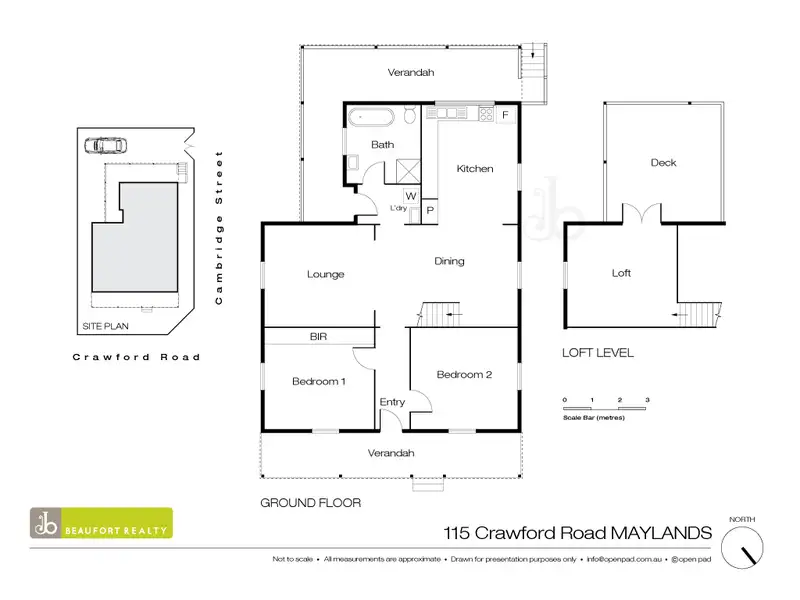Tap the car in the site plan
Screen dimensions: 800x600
coord(106,145)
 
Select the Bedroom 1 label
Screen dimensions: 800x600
coord(319,381)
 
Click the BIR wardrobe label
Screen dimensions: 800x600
coord(319,337)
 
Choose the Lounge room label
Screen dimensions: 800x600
coord(326,274)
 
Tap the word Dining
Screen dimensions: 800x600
coord(449,262)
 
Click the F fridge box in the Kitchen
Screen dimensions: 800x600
coord(505,115)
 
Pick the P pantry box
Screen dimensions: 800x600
coord(429,210)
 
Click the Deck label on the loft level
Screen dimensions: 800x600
coord(663,162)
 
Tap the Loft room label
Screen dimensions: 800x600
coord(621,273)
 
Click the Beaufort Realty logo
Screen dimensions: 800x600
coord(100,524)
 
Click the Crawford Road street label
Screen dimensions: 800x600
coord(136,357)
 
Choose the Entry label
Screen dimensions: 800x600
coord(392,402)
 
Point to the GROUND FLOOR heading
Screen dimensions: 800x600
coord(310,503)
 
